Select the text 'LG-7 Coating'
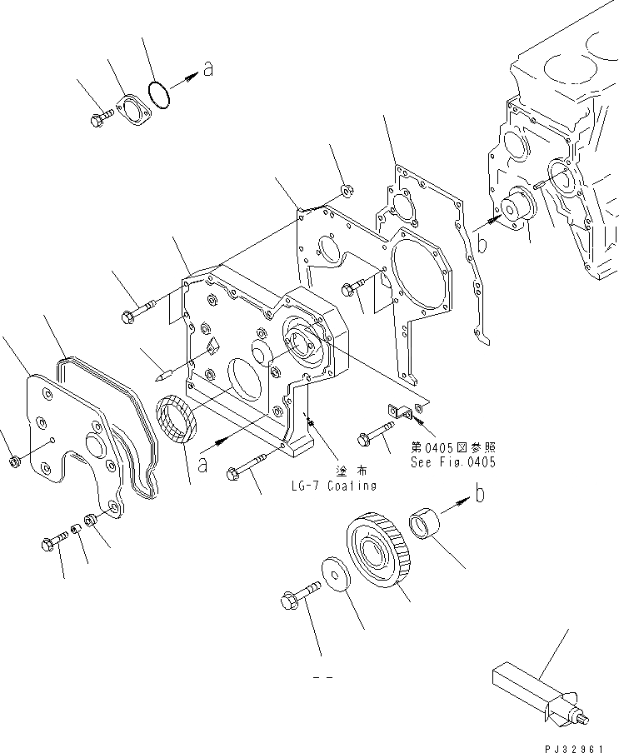click(x=334, y=486)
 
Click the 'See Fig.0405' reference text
click(x=452, y=462)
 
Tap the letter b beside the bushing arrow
click(x=480, y=494)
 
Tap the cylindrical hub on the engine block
click(x=515, y=208)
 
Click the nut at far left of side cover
click(x=14, y=461)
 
